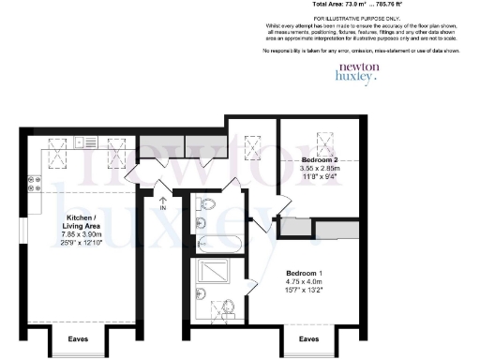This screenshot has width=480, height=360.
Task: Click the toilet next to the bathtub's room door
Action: [x=208, y=204]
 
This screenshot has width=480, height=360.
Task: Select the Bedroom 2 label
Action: [x=321, y=161]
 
